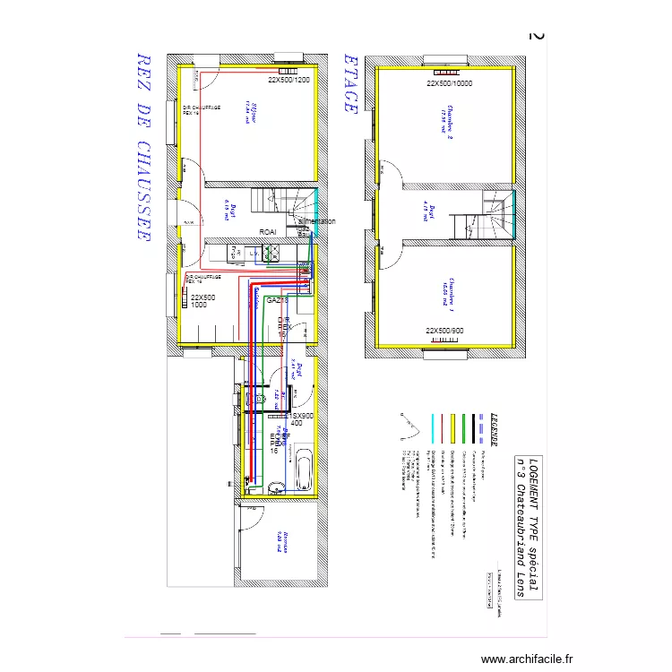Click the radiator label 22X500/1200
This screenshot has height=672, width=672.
pos(289,80)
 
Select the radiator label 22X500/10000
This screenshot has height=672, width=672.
pos(449,83)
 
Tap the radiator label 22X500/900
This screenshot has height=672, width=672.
pos(445,332)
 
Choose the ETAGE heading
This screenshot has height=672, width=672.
pos(351,83)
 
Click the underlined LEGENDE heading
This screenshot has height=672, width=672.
pos(491,430)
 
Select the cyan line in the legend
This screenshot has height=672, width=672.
pos(434,430)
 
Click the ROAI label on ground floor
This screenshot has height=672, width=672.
pos(268,232)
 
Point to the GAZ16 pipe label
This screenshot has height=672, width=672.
pos(277,300)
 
